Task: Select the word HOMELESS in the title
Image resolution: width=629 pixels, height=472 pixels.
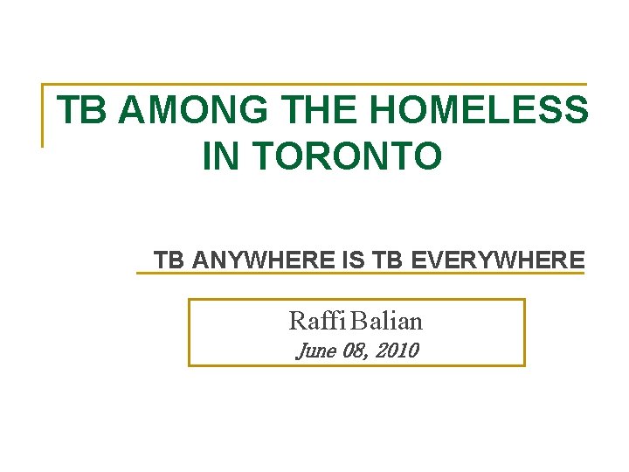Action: tap(479, 111)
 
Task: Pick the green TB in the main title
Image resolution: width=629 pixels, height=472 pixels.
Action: tap(80, 111)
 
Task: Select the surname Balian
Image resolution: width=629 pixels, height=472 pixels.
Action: tap(388, 321)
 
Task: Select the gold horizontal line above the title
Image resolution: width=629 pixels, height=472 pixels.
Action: tap(314, 85)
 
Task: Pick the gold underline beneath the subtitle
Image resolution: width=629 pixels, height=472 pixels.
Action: tap(359, 274)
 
